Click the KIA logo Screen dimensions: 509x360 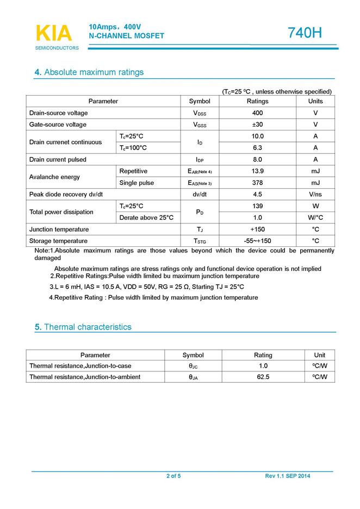click(54, 33)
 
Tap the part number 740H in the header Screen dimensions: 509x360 click(305, 33)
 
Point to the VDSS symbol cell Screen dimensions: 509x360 click(200, 113)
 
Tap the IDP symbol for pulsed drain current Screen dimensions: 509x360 click(200, 160)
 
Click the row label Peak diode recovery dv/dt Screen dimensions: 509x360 click(66, 195)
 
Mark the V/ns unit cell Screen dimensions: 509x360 click(315, 195)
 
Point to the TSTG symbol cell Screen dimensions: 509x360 click(200, 241)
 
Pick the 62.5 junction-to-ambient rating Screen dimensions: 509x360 click(263, 377)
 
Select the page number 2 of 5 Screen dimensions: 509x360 click(173, 476)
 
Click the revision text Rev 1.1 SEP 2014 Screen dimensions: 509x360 click(288, 476)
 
